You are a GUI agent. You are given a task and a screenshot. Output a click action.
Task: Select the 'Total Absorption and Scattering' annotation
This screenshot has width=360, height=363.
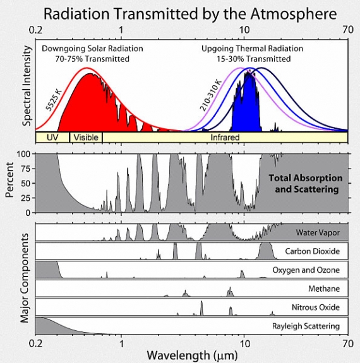(x=305, y=183)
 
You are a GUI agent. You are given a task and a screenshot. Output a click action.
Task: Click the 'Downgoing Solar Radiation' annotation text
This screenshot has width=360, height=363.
(x=92, y=49)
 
